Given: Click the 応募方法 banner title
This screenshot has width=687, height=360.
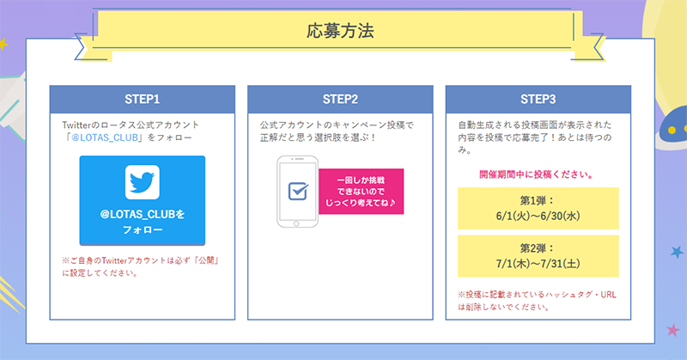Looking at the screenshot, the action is pos(340,31).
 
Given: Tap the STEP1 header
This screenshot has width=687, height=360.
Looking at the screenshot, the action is pos(143,99).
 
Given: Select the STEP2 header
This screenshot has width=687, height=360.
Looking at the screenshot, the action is pos(340,99).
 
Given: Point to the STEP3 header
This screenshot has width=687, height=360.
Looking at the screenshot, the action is pos(538,99).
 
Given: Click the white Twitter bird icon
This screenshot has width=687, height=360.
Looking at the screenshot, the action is pos(143,182).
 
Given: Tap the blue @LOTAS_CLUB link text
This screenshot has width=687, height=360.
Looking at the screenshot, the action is pos(105,137).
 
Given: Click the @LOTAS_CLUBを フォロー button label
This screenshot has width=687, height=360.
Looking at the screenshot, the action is pos(143,222).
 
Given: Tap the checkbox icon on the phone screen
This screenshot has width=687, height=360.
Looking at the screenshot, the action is pos(298,192).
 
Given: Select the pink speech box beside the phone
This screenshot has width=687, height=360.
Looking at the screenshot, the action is pos(361,192).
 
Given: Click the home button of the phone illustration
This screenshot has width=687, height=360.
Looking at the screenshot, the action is pos(296,223).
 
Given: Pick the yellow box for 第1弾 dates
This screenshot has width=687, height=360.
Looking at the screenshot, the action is pos(538,208).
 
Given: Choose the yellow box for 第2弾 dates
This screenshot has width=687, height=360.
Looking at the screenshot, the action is pos(538,256).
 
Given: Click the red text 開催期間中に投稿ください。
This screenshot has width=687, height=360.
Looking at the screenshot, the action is pos(537,174).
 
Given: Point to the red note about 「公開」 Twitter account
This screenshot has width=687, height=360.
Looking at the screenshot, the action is pos(141,266).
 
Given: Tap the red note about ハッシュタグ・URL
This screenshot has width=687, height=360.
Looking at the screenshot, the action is pos(538,301).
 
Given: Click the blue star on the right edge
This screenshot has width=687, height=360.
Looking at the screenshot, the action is pos(677,252).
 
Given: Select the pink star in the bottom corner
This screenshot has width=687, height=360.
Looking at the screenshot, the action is pos(673,330).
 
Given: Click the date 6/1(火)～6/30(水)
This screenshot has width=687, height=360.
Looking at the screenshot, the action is pos(538,216).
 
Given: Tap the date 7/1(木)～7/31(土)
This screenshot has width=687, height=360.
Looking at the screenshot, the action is pos(538,264).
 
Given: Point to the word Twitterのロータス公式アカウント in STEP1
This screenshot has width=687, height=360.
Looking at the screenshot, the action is pos(131,125).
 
